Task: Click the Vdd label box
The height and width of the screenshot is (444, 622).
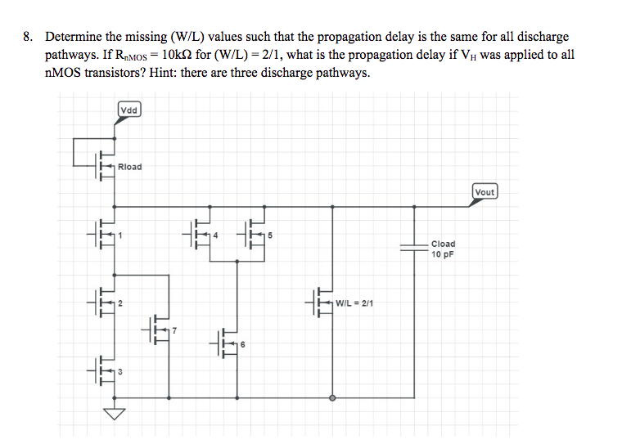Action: pyautogui.click(x=129, y=110)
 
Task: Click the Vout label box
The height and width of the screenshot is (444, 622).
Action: pyautogui.click(x=485, y=192)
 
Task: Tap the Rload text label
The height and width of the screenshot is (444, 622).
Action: pyautogui.click(x=130, y=167)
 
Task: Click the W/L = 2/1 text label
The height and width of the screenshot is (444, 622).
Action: pyautogui.click(x=354, y=303)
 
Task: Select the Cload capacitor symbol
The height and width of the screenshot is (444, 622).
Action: pyautogui.click(x=414, y=248)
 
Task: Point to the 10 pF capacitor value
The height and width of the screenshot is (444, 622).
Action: pyautogui.click(x=443, y=254)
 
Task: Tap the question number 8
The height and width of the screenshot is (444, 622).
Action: pyautogui.click(x=28, y=37)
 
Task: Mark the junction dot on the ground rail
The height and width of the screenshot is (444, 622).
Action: pyautogui.click(x=331, y=399)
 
